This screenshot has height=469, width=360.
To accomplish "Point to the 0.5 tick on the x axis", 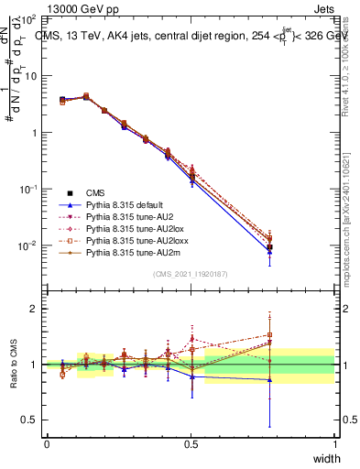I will click(x=191, y=443).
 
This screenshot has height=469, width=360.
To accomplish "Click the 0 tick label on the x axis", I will click(x=47, y=443).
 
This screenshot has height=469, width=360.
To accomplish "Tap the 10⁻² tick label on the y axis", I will click(x=28, y=245).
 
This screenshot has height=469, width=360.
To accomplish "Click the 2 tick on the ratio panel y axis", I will click(x=34, y=309).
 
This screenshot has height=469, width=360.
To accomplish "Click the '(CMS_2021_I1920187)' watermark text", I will click(x=190, y=275).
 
